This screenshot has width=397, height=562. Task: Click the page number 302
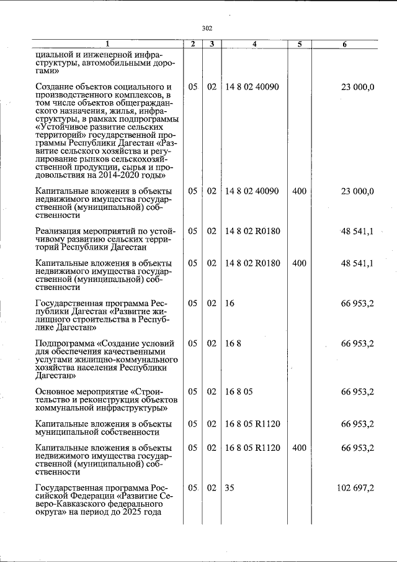(207, 28)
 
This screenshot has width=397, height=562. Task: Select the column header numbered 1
(107, 44)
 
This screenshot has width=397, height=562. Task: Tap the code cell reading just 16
(230, 304)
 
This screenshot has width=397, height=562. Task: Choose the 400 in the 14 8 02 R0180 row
(298, 263)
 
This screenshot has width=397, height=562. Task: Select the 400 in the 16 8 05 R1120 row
(298, 448)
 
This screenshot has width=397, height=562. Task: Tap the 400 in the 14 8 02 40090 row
(298, 191)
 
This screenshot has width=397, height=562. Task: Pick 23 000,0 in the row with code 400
(357, 191)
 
